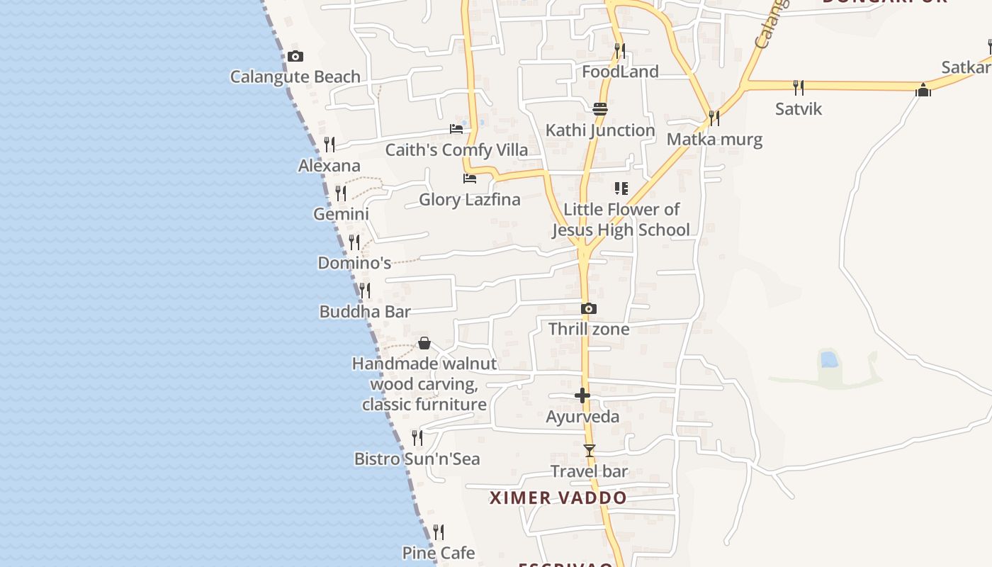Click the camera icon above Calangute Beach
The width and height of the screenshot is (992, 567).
coord(295,57)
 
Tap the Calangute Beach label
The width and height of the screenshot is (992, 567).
coord(295,77)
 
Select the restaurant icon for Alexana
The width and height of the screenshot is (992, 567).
coord(329,145)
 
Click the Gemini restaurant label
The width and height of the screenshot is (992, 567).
coord(342,214)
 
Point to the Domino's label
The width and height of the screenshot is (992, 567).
coord(354,263)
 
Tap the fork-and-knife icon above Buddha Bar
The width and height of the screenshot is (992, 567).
coord(365,291)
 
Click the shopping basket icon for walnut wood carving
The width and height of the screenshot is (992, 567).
coord(424,344)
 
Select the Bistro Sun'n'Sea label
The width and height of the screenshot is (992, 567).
coord(417,459)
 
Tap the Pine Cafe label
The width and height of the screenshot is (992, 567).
coord(439,553)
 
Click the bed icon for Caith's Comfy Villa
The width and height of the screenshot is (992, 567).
coord(456,129)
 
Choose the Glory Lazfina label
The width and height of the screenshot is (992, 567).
coord(470,199)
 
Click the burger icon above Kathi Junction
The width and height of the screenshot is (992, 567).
coord(600,109)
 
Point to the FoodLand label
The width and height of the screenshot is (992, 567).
coord(620,72)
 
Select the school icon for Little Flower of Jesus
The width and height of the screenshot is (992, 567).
coord(621,189)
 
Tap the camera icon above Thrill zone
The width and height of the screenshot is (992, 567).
coord(589,309)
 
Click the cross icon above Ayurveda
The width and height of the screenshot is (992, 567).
coord(582,395)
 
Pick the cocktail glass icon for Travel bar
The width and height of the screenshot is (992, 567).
coord(590,451)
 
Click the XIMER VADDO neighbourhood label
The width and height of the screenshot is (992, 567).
coord(558,498)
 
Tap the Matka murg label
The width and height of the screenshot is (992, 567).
coord(714,139)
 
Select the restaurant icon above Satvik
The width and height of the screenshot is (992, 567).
coord(799,88)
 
